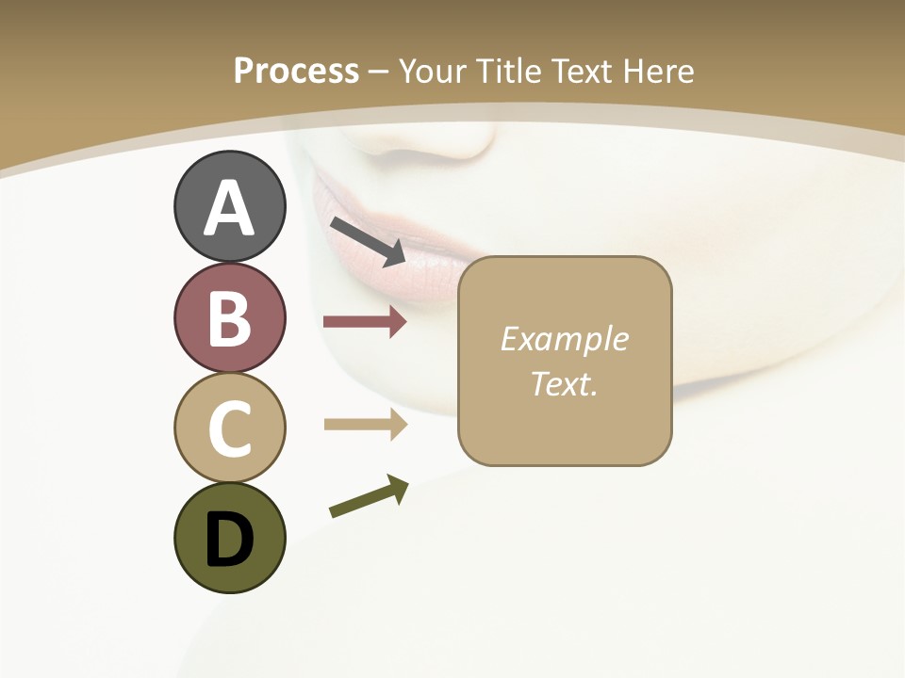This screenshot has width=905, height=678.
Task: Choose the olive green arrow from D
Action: (369, 495)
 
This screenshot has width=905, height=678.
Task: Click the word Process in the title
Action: (296, 71)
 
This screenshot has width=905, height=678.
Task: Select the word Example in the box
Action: (564, 339)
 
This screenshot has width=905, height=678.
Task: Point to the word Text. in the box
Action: (564, 384)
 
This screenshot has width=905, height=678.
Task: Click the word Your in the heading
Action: (433, 71)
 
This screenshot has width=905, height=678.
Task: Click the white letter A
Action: (229, 207)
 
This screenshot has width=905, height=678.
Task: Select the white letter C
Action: (229, 428)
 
